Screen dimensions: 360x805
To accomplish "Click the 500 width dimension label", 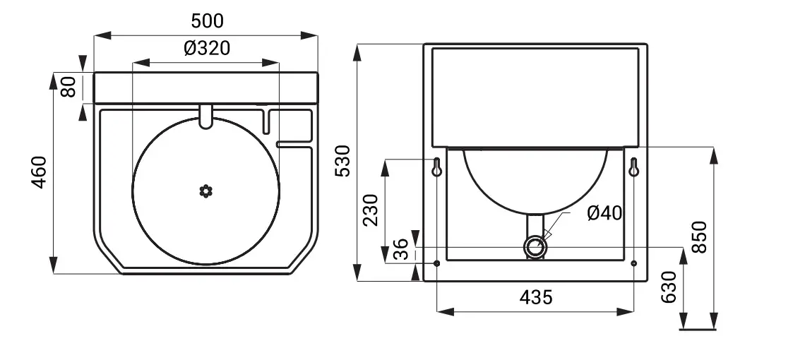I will pos(207,21).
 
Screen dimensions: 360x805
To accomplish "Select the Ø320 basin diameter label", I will pos(207,49).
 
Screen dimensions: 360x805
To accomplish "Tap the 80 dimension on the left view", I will pos(68,88).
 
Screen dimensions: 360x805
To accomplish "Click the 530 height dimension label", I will pos(342,162).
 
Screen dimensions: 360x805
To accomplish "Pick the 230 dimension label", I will pos(371,210).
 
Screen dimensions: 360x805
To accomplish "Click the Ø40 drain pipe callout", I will pos(604,212).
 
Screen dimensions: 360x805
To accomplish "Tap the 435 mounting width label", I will pos(535,297).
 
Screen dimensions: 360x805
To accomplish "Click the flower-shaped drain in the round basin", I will pos(206,190).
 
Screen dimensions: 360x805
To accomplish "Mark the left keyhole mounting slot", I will pos(437,168).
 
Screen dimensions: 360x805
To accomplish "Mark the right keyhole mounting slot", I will pos(633,168).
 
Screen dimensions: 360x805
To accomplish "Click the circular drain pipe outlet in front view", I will pos(535,248).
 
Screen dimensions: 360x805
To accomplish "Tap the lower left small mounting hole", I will pos(437,264).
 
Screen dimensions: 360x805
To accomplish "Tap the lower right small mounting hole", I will pos(633,264).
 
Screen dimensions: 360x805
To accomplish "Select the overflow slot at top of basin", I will pos(206,116).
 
